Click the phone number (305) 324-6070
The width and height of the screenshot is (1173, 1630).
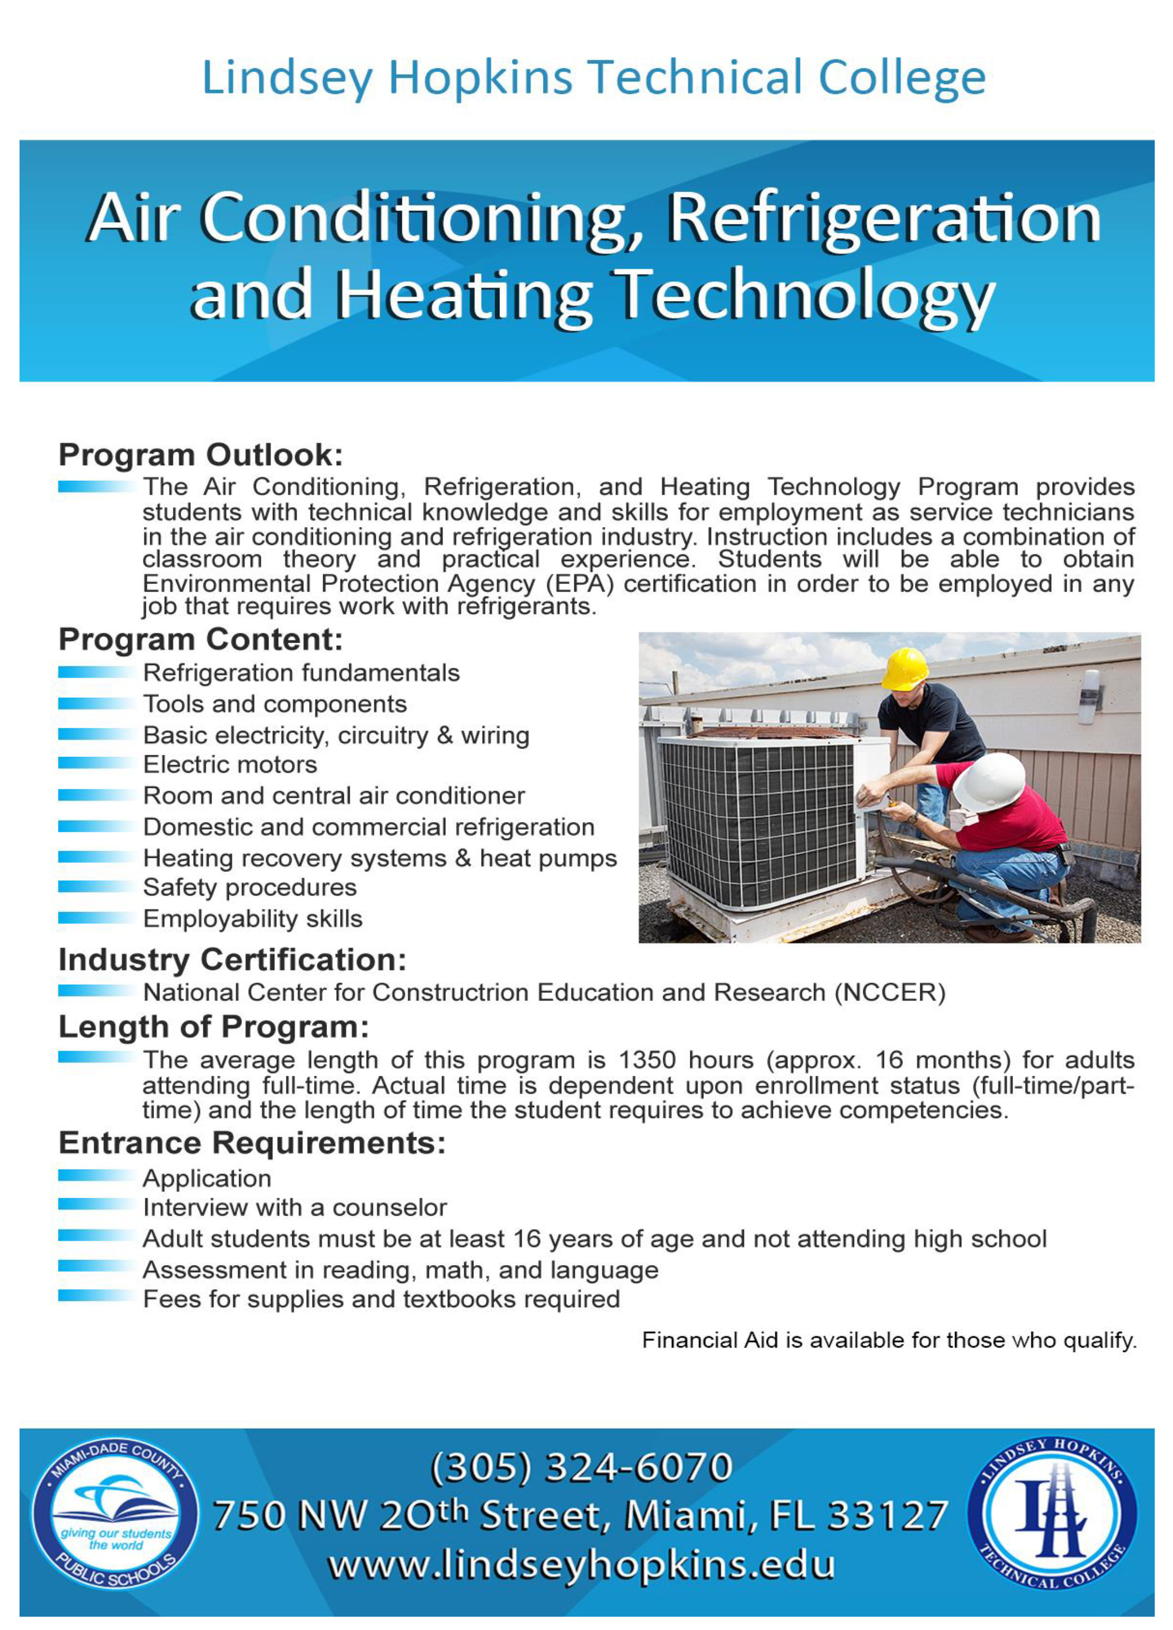click(x=581, y=1467)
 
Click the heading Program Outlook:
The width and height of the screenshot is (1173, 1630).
click(x=201, y=455)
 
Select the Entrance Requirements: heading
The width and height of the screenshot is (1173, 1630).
click(x=252, y=1143)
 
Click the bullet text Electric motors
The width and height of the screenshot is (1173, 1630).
click(x=230, y=765)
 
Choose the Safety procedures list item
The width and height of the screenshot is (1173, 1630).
click(x=249, y=888)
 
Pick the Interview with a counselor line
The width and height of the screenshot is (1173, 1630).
click(x=294, y=1208)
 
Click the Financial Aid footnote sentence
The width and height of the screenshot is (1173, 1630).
click(x=889, y=1340)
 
